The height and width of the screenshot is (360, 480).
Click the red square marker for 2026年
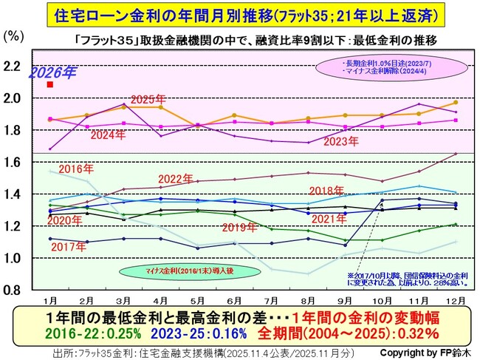pos(49,85)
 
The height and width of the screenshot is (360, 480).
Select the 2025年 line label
pos(147,98)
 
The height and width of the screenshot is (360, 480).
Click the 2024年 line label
pos(109,134)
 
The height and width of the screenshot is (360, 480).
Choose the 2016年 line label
pos(74,169)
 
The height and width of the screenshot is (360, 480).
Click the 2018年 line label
pos(328,190)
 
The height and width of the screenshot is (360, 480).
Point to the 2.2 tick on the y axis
pos(13,66)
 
